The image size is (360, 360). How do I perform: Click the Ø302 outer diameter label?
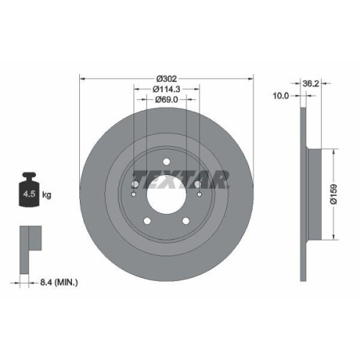pos(167,78)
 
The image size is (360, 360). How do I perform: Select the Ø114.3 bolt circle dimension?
pos(166,89)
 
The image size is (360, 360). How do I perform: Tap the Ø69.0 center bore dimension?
pos(167,102)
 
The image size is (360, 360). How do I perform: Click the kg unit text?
pos(47,195)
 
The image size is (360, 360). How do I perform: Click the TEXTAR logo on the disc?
pos(181,177)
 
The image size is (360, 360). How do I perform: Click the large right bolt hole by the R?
pos(197,184)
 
